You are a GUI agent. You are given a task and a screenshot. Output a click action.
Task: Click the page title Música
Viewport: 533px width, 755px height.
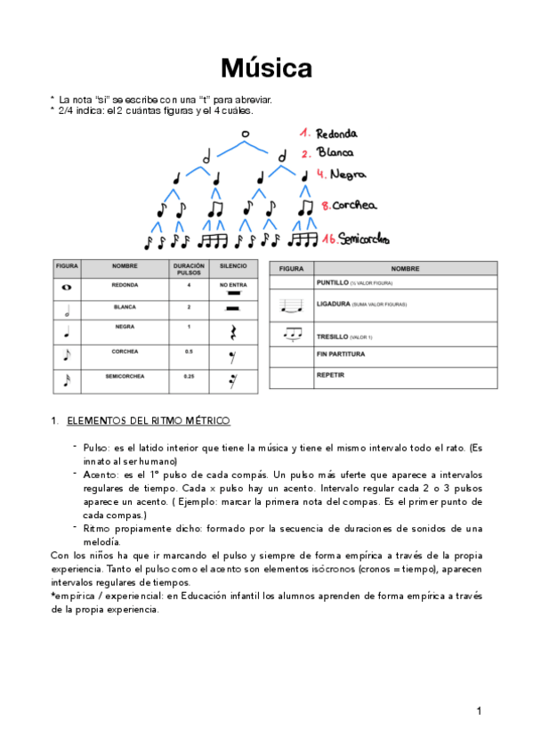pyautogui.click(x=266, y=68)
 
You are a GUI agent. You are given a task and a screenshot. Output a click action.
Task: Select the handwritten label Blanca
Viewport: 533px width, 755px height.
pyautogui.click(x=335, y=153)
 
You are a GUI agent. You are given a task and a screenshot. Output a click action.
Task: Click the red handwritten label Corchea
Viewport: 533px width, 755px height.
pyautogui.click(x=354, y=206)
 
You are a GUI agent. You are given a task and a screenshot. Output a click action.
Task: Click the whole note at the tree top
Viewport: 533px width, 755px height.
pyautogui.click(x=245, y=134)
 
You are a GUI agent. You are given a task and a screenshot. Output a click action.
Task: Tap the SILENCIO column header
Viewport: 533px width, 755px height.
pyautogui.click(x=233, y=266)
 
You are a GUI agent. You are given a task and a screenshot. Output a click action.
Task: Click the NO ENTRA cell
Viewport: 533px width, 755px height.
pyautogui.click(x=233, y=285)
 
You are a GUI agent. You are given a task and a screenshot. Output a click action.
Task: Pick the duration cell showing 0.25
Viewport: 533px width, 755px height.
pyautogui.click(x=188, y=376)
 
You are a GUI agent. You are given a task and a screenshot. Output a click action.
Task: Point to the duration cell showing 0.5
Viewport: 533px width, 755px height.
pyautogui.click(x=188, y=352)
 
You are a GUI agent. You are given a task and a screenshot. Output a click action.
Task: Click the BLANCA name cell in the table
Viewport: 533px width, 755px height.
pyautogui.click(x=125, y=306)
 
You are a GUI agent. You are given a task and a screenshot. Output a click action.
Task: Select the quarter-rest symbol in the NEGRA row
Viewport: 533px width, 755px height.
pyautogui.click(x=233, y=332)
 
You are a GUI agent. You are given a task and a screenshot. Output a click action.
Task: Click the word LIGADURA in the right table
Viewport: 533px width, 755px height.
pyautogui.click(x=335, y=304)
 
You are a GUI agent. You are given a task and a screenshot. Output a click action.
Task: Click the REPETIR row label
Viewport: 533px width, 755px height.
pyautogui.click(x=330, y=375)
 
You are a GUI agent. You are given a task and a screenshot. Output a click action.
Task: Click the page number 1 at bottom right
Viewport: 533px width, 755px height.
pyautogui.click(x=479, y=710)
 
